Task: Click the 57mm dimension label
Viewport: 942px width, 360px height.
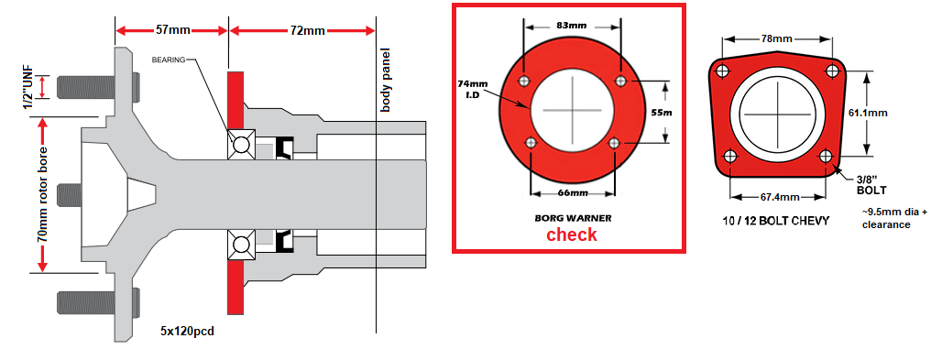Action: [171, 30]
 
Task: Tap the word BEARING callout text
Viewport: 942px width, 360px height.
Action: [169, 60]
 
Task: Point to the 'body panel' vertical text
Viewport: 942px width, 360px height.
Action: [386, 80]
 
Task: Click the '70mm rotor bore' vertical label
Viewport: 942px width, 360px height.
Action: [42, 193]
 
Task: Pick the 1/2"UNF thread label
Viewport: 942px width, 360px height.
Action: [27, 88]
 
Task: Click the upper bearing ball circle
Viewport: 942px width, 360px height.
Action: [242, 145]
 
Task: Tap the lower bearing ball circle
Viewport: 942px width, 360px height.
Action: [242, 245]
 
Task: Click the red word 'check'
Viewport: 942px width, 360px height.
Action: [571, 235]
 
